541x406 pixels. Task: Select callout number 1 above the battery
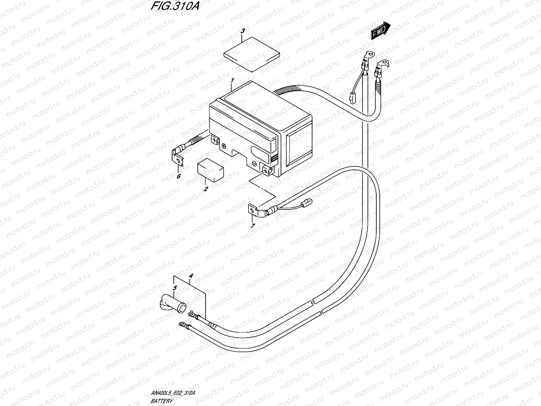[x=232, y=81]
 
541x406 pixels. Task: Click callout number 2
[x=206, y=189]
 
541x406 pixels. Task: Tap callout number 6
[x=179, y=176]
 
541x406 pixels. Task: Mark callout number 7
[x=253, y=226]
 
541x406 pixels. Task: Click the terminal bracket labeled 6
[x=178, y=159]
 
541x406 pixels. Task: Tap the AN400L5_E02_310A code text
[x=173, y=393]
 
